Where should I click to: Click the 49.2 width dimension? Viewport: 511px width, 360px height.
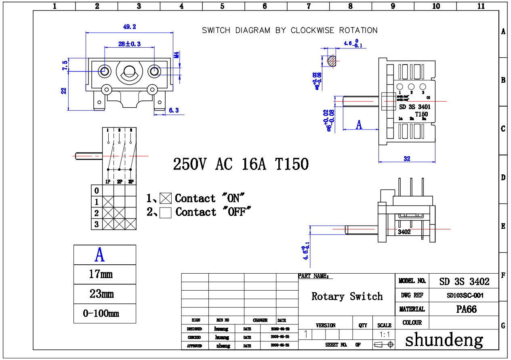click(129, 27)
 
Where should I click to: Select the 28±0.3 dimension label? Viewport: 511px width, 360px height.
click(129, 44)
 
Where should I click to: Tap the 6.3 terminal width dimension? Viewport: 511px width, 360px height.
click(174, 110)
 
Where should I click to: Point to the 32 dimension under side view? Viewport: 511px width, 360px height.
click(407, 159)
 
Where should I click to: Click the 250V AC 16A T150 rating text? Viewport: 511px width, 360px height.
click(241, 164)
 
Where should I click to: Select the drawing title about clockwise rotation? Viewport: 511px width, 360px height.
click(290, 30)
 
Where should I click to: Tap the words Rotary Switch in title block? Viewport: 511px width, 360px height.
click(347, 297)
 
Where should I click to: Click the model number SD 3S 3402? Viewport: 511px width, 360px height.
click(464, 281)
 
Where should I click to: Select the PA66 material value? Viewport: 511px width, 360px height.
click(464, 310)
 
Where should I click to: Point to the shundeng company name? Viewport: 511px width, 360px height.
click(444, 340)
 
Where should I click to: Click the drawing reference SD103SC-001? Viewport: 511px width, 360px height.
click(465, 295)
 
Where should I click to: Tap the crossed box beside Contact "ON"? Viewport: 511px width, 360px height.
click(166, 198)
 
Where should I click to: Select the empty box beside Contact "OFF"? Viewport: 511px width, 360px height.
click(166, 212)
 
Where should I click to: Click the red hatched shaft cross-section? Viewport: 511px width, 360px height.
click(331, 61)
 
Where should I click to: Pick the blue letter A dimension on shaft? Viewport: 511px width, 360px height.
click(359, 125)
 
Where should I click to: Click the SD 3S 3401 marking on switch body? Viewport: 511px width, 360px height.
click(414, 107)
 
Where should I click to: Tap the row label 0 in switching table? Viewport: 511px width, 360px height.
click(96, 190)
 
